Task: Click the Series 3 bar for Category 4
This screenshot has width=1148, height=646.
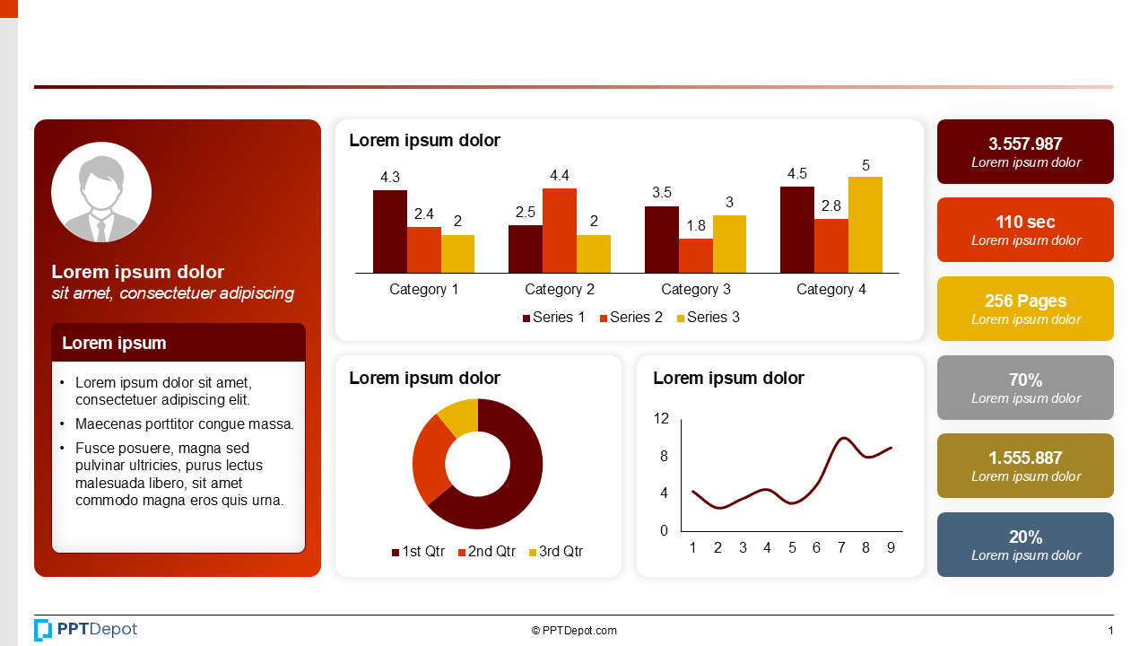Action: point(865,224)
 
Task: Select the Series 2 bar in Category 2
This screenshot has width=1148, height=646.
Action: point(560,231)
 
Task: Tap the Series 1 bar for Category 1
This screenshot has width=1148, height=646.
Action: point(390,231)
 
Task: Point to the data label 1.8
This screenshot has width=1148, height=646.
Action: point(696,226)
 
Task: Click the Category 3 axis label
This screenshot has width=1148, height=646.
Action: point(696,290)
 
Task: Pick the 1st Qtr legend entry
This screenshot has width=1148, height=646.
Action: point(418,552)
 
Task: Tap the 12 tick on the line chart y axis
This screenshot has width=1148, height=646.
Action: point(662,418)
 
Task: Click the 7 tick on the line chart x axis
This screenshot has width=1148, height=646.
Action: point(841,548)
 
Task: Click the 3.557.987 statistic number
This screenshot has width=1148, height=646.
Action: point(1025,144)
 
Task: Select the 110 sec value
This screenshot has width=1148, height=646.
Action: point(1025,222)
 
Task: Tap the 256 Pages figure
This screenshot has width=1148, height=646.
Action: point(1025,301)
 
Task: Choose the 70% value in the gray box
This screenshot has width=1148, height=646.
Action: point(1025,380)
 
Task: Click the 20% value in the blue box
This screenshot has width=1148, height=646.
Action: point(1025,537)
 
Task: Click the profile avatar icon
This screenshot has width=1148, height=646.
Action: point(101,192)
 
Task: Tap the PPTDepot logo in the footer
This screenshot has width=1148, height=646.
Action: point(86,630)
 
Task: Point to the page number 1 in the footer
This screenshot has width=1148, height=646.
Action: point(1110,631)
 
